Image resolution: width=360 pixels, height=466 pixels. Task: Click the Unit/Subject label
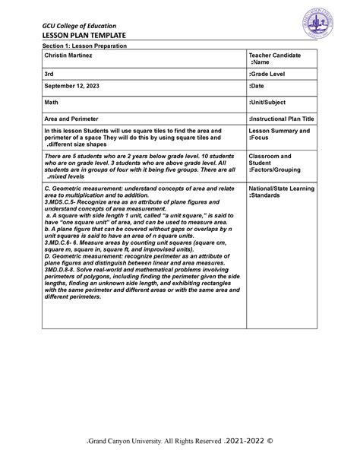coord(270,106)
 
